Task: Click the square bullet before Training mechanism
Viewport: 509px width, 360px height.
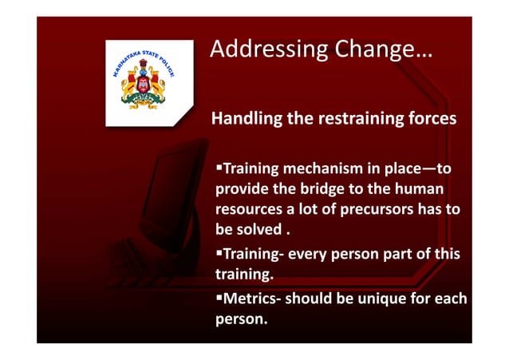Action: click(218, 170)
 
